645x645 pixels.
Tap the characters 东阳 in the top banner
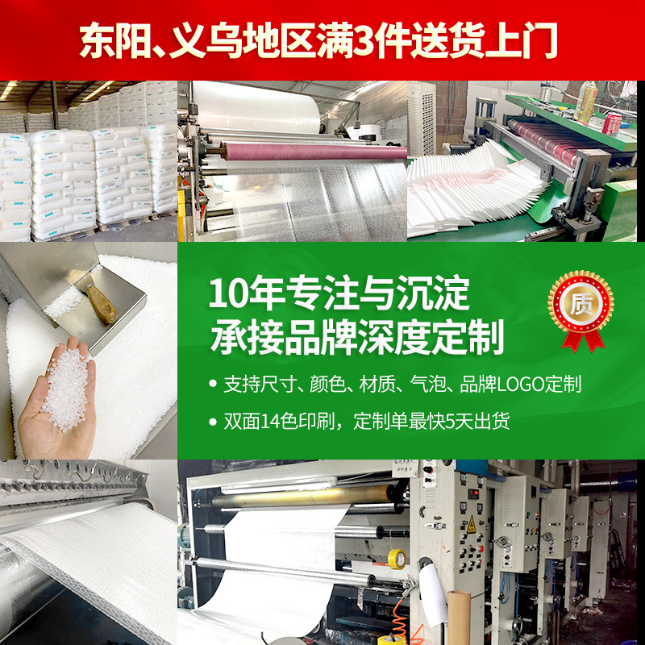tap(115, 41)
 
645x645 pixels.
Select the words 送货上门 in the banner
tap(485, 41)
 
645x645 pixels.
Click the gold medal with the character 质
tap(580, 304)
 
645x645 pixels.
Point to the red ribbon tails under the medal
tap(584, 340)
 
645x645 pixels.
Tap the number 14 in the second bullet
tap(269, 421)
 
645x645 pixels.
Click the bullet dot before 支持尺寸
tap(213, 385)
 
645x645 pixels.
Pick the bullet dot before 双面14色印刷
tap(213, 422)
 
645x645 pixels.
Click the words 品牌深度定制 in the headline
tap(394, 337)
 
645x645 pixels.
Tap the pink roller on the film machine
tap(314, 152)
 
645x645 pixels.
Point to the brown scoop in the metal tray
tap(102, 304)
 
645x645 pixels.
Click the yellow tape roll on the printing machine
tap(397, 559)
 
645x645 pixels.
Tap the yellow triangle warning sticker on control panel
tap(471, 525)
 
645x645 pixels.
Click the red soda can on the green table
tap(612, 124)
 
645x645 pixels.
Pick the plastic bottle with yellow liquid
tap(587, 102)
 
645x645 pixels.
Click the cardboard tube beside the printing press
tap(459, 617)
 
